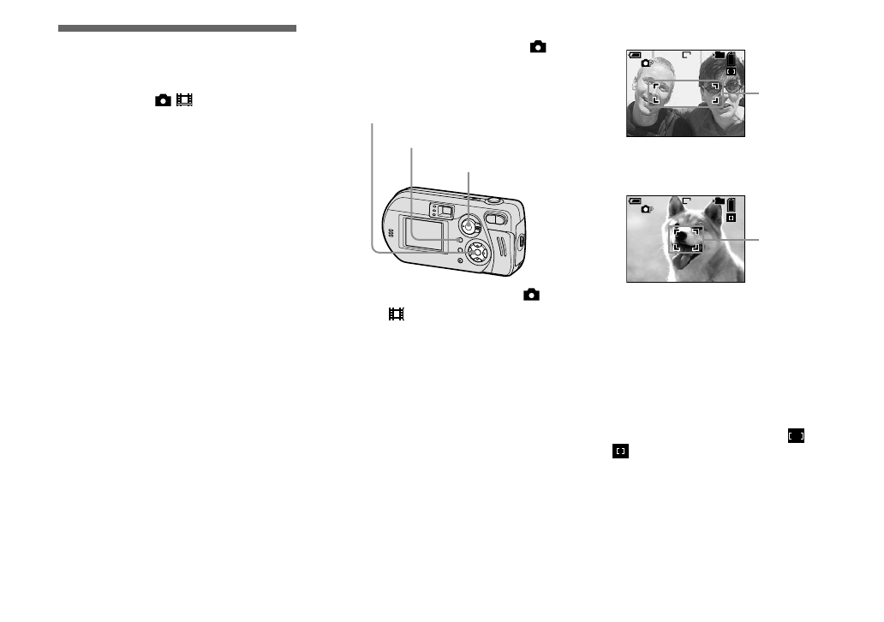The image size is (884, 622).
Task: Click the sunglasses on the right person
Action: [727, 87]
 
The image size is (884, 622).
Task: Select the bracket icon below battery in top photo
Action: [731, 72]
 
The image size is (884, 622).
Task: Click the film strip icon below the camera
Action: [396, 314]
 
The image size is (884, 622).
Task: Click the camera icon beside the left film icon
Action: [163, 100]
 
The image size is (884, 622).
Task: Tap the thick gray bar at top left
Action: [177, 28]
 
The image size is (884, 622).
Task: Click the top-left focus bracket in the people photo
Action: [654, 87]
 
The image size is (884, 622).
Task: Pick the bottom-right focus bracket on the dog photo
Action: [696, 246]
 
